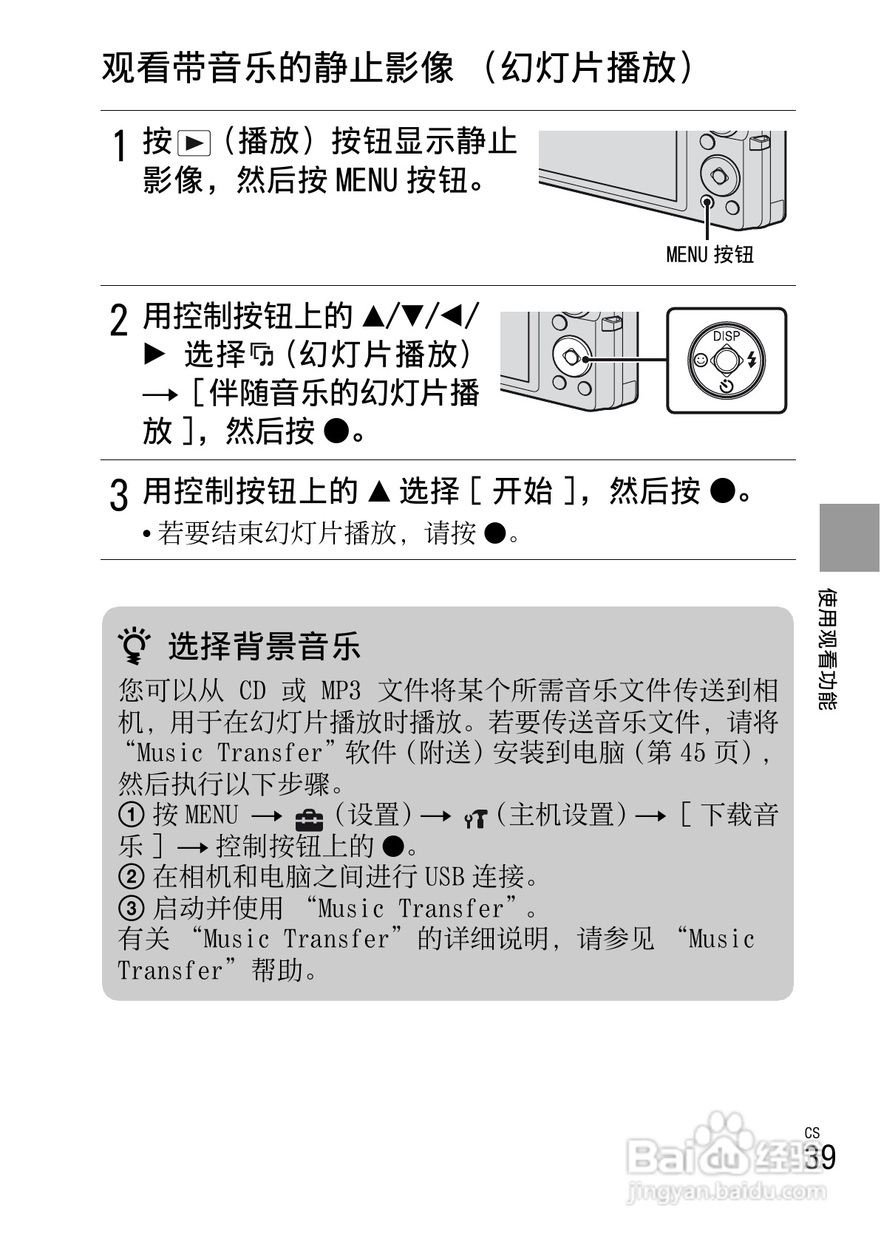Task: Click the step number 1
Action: [x=118, y=146]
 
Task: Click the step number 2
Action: [x=118, y=321]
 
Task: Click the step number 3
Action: [x=118, y=494]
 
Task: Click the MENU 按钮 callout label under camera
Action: [x=710, y=255]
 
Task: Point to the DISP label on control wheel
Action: [x=726, y=336]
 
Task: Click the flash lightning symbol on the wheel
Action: [x=753, y=360]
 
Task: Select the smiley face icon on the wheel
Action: [x=699, y=360]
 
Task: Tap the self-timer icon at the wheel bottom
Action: [x=727, y=386]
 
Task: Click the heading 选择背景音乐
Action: [x=265, y=646]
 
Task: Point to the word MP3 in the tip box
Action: [x=341, y=691]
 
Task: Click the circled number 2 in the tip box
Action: [x=131, y=877]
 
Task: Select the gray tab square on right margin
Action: [x=849, y=537]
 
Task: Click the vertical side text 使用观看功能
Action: [x=829, y=649]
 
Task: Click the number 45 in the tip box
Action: [x=693, y=753]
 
